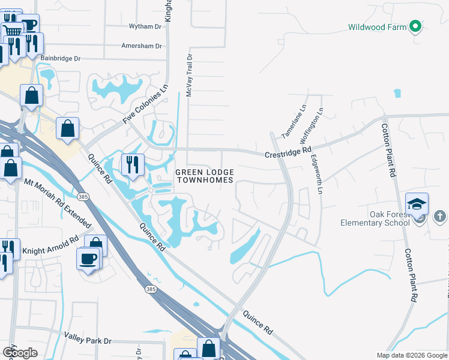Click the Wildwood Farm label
377,27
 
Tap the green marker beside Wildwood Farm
414,26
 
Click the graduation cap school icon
417,204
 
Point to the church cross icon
439,216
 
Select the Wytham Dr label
145,26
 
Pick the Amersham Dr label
142,46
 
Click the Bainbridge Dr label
60,59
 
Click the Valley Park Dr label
88,340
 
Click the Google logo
20,353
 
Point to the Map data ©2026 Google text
412,355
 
